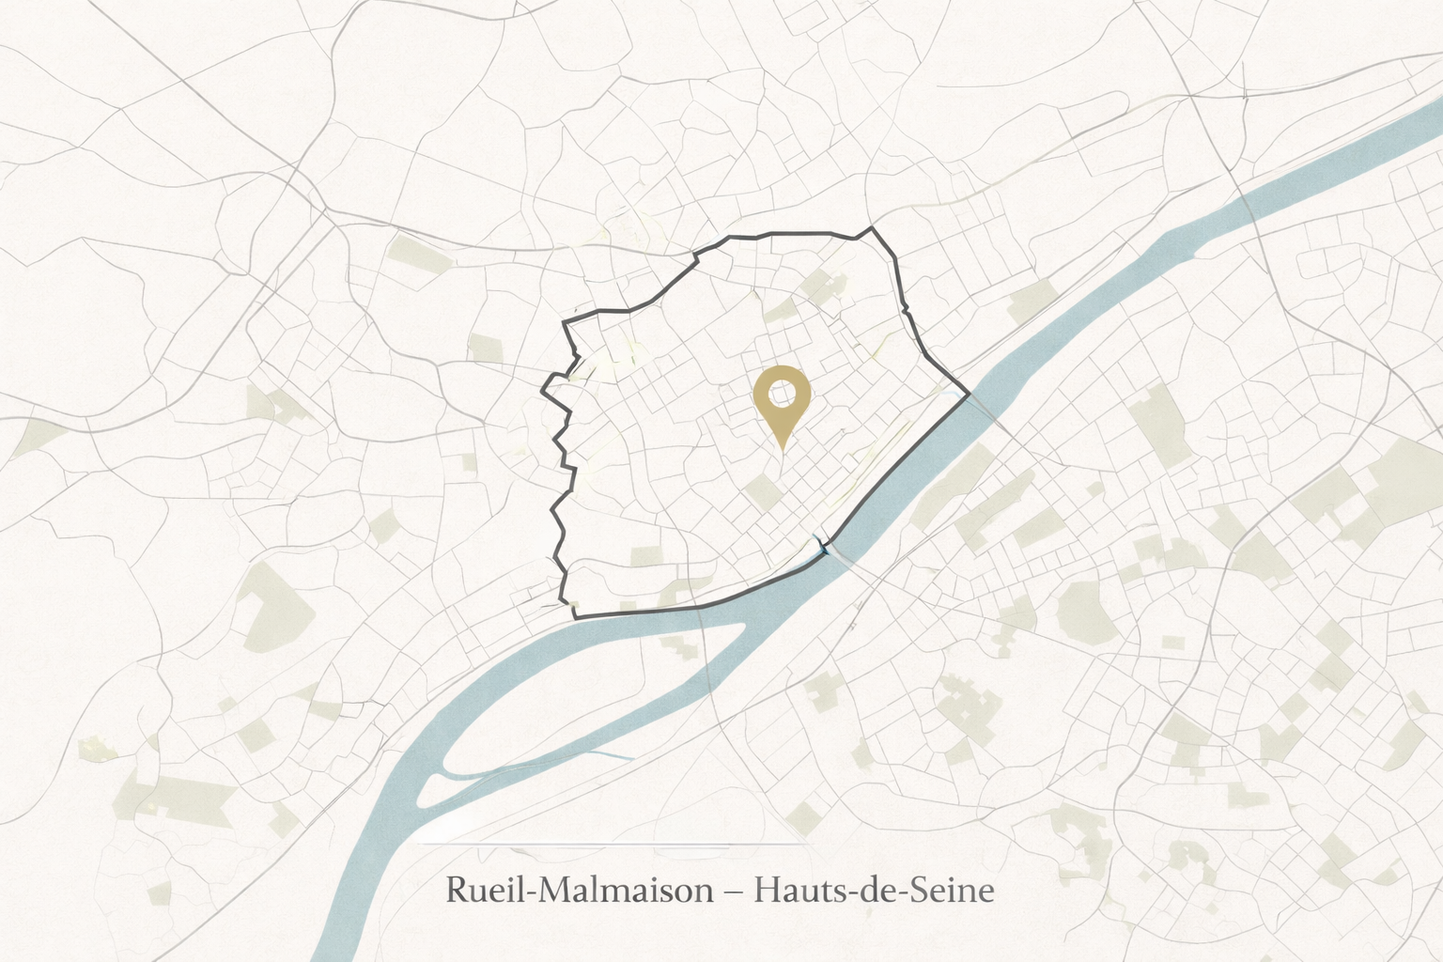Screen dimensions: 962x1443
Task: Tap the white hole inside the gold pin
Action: tap(782, 391)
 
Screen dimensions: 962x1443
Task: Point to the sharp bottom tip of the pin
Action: tap(782, 447)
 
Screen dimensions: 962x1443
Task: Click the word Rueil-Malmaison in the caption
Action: tap(580, 889)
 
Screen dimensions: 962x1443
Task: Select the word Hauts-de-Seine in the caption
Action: tap(874, 889)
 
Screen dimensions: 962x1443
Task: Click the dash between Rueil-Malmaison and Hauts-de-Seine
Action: tap(734, 890)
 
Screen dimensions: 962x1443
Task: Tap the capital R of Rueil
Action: tap(458, 889)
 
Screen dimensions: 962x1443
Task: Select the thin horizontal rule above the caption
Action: tap(611, 844)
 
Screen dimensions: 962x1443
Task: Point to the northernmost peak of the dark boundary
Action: tap(873, 227)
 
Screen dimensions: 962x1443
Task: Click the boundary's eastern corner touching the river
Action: tap(969, 396)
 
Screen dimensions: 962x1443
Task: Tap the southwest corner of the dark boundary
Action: tap(574, 616)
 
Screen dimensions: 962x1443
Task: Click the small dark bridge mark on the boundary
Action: tap(825, 547)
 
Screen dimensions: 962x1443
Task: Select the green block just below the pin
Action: tap(763, 490)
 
